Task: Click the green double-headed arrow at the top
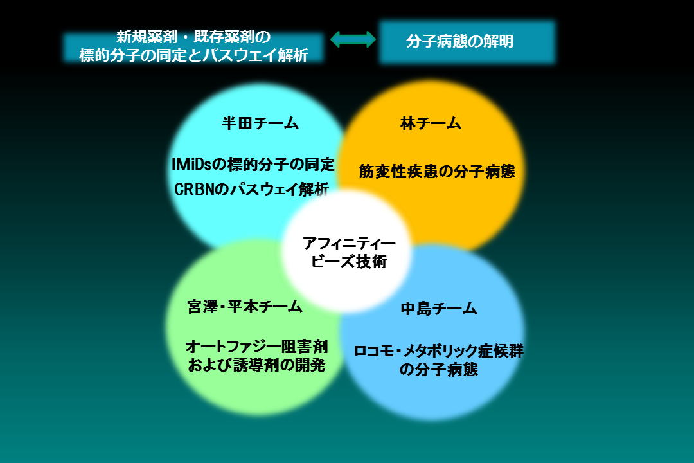point(353,39)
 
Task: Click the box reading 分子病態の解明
point(467,42)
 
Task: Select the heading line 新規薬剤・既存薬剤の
point(193,36)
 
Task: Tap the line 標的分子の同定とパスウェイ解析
point(193,55)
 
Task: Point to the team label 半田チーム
point(260,123)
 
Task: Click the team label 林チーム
point(431,123)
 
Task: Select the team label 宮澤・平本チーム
point(245,307)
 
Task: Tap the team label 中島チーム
point(439,309)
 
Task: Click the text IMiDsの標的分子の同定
point(253,165)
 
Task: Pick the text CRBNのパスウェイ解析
point(251,189)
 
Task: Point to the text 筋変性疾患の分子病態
point(437,172)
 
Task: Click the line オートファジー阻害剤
point(256,346)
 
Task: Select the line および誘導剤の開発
point(256,365)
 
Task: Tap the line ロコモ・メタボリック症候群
point(439,351)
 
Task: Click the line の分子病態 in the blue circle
point(439,370)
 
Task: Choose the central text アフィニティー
point(349,243)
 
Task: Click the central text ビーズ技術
point(349,262)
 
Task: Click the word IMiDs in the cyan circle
point(192,165)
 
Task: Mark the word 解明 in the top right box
point(498,41)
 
